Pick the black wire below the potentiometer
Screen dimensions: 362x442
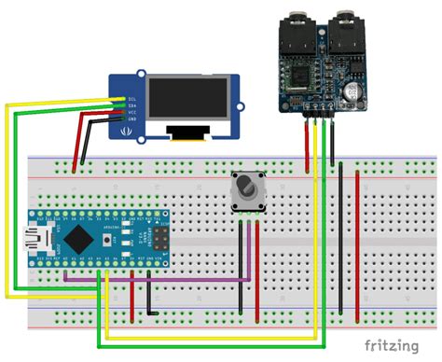point(242,266)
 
